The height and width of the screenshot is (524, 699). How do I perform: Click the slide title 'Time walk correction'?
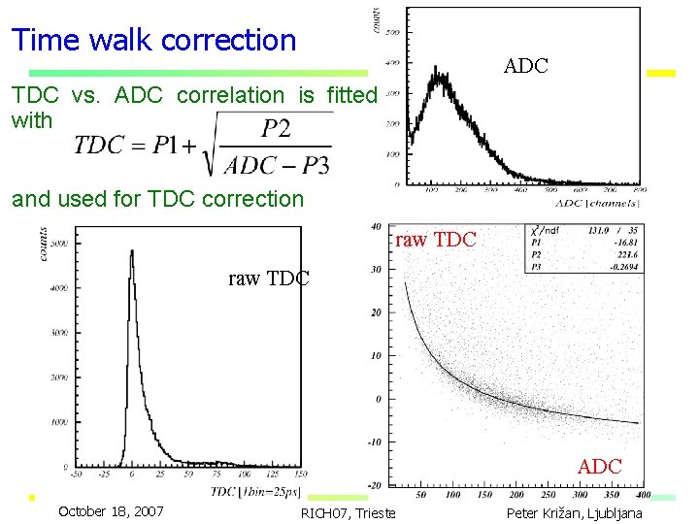(153, 41)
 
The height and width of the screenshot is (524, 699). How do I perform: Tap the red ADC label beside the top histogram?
(525, 67)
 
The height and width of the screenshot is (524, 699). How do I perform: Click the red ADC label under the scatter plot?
(599, 467)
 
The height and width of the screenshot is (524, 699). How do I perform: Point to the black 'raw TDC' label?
(268, 279)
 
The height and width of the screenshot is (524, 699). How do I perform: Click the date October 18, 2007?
(111, 511)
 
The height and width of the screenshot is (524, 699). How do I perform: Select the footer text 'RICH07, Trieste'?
(349, 513)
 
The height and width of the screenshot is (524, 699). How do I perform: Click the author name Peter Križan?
(574, 512)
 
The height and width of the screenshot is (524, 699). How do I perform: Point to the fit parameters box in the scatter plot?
(582, 247)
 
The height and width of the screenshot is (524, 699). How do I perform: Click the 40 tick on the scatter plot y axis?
(375, 228)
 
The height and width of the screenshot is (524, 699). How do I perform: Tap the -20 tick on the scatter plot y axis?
(374, 484)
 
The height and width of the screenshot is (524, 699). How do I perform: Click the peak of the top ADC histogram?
(442, 78)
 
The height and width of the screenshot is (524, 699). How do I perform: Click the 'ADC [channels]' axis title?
(597, 202)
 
